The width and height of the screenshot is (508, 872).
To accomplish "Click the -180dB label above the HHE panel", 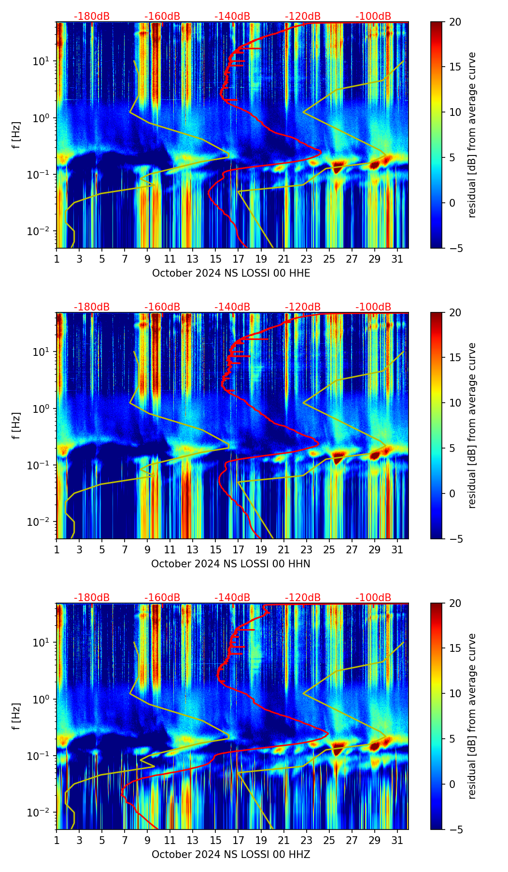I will [92, 16].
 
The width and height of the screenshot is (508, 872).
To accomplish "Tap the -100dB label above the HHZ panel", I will [373, 598].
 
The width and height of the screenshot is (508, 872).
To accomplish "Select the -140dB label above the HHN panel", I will [232, 307].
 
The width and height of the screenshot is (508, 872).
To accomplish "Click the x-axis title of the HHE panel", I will [231, 273].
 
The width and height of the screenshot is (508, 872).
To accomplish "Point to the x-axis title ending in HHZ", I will [231, 855].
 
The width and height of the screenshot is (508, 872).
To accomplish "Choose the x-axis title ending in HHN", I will [231, 564].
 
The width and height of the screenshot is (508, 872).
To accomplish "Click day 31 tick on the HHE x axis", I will [397, 259].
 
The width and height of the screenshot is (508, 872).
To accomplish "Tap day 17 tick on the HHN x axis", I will [239, 550].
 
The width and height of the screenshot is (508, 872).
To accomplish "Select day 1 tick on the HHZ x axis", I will [57, 841].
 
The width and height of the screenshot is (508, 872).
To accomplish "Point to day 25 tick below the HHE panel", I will [329, 259].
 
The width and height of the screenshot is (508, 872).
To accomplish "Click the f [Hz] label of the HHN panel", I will [17, 425].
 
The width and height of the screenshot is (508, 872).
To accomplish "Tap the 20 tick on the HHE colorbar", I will [455, 22].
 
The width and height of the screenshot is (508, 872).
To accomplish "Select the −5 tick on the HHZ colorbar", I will [455, 830].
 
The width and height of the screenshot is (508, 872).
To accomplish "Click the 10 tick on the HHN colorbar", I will [455, 403].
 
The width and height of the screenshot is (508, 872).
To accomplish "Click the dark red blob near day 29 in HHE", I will [375, 165].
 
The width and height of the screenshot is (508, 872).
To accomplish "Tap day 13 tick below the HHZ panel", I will [193, 841].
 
